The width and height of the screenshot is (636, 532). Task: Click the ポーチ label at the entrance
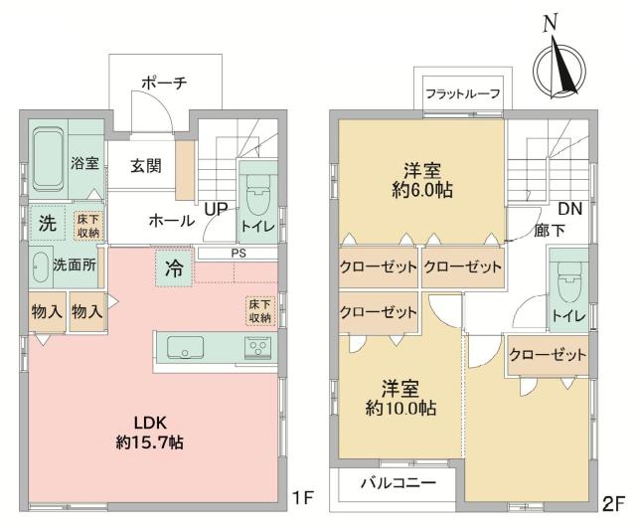(x=165, y=85)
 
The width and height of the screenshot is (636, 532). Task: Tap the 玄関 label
(x=145, y=166)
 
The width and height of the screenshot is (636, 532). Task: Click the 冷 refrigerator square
(x=173, y=266)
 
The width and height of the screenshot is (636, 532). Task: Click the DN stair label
(x=570, y=211)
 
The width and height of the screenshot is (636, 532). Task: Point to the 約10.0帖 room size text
(x=400, y=397)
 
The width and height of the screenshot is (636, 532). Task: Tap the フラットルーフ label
(x=462, y=94)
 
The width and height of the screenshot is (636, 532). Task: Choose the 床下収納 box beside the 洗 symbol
(x=87, y=224)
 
